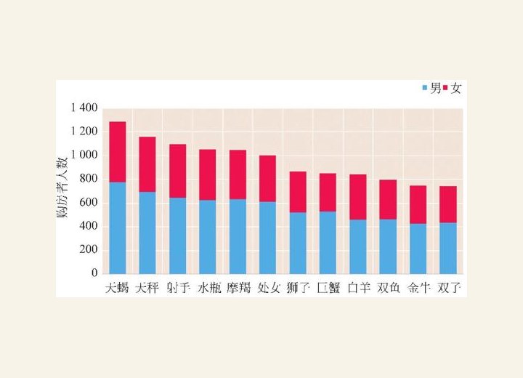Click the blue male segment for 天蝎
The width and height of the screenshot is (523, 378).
coord(118,228)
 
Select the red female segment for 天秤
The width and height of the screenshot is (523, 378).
coord(147,164)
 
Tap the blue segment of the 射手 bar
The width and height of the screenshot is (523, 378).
coord(177,236)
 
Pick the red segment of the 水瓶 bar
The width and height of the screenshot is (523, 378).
coord(208,174)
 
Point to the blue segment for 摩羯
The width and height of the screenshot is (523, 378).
coord(238,236)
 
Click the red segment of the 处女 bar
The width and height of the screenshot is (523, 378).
coord(268,179)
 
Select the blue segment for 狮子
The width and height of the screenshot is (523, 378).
coord(298,243)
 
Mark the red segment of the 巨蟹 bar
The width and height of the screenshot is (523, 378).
coord(328,193)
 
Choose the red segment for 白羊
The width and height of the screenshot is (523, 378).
coord(358,197)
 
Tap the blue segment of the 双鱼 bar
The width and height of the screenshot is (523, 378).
coord(388,246)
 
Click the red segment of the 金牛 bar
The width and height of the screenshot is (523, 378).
coord(418,205)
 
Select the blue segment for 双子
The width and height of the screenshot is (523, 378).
coord(448,248)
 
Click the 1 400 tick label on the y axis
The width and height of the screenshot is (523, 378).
coord(84,108)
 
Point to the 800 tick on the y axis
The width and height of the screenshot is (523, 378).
coord(89,179)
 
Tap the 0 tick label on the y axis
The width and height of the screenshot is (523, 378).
coord(94,273)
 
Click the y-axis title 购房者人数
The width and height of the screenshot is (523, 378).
coord(62,188)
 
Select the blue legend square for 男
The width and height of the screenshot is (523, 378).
coord(425,88)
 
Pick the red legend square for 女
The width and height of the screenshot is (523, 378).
coord(445,88)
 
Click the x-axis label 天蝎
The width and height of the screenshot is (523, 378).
coord(117,288)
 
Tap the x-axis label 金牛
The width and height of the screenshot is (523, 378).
coord(418,288)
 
